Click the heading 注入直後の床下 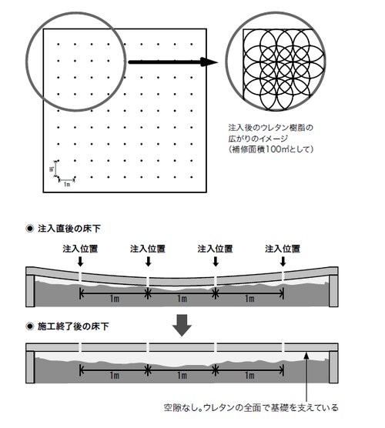coord(69,229)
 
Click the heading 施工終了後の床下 coord(73,326)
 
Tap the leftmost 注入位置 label coord(80,249)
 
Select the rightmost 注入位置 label coord(283,249)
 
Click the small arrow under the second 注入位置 coord(149,262)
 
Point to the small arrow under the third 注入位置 coord(216,262)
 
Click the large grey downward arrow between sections coord(182,326)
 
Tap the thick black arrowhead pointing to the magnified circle coord(209,62)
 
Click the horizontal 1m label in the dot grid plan coord(67,185)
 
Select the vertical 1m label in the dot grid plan coord(51,169)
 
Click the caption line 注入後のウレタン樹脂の coord(271,128)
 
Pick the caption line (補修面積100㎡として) coord(271,149)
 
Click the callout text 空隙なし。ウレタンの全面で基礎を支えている coord(251,408)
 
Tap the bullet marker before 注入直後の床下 coord(30,229)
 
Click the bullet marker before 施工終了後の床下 coord(30,326)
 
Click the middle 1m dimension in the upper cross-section coord(182,299)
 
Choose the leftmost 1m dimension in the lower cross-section coord(115,376)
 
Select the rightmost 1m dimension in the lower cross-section coord(249,376)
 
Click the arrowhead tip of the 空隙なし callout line coord(306,353)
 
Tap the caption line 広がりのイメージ coord(258,139)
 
